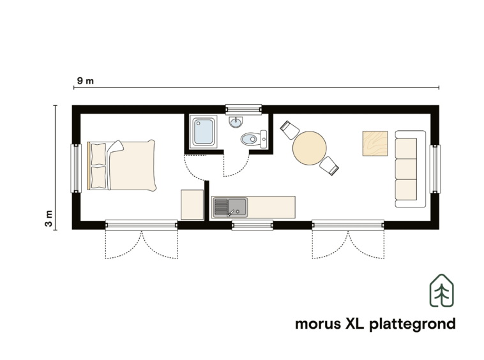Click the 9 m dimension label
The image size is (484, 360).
[x=85, y=81]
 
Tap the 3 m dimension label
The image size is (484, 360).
[x=49, y=218]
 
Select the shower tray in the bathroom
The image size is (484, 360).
[x=204, y=131]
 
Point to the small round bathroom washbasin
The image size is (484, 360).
[x=236, y=122]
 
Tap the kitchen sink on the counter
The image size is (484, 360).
[x=231, y=207]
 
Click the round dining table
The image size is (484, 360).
[x=309, y=148]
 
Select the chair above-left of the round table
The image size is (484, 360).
[x=289, y=130]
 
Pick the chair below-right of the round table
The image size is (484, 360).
[x=329, y=166]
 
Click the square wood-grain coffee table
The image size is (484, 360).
[x=375, y=144]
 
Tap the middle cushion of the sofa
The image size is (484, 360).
[x=406, y=169]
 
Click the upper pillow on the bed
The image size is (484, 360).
[x=99, y=154]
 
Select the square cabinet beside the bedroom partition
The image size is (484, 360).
[x=192, y=205]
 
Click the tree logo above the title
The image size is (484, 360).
[x=442, y=290]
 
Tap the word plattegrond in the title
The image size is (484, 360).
[x=412, y=324]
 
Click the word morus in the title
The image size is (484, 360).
[x=317, y=324]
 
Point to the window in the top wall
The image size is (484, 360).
[x=243, y=110]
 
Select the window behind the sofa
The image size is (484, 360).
[x=435, y=169]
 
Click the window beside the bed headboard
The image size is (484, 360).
[x=76, y=169]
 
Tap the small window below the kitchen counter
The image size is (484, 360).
[x=252, y=225]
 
